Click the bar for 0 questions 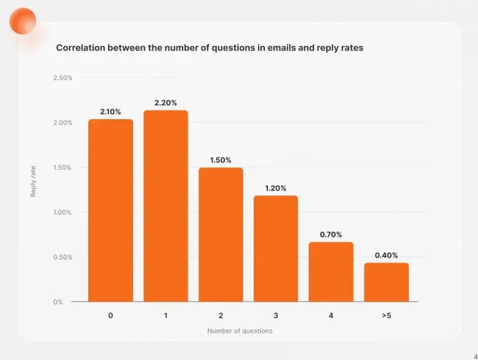point(110,210)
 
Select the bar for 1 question point(165,206)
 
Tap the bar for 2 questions point(221,234)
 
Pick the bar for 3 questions point(276,248)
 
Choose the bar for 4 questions point(331,272)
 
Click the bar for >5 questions point(386,282)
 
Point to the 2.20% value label point(165,102)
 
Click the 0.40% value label point(386,255)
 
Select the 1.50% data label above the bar point(221,159)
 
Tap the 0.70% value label point(331,234)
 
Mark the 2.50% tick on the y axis point(63,78)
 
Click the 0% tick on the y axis point(68,302)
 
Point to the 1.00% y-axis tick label point(63,212)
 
